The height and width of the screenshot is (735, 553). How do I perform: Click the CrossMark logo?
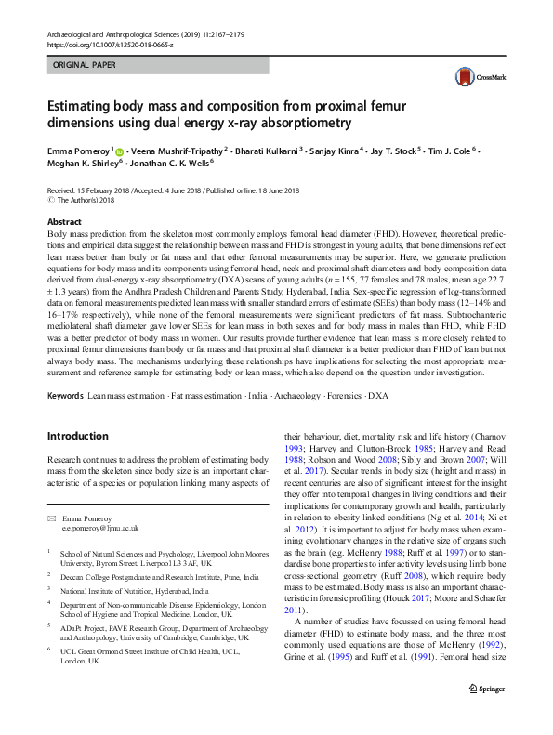(x=471, y=78)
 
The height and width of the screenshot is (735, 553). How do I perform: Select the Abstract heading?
(x=63, y=223)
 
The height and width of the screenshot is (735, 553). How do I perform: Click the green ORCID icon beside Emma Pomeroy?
(x=120, y=150)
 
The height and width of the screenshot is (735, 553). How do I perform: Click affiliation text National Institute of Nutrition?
(x=135, y=591)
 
